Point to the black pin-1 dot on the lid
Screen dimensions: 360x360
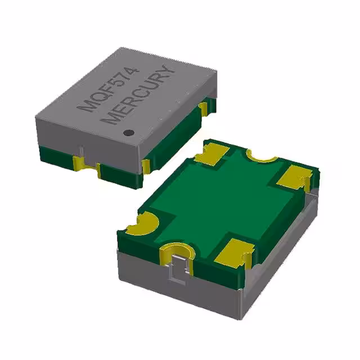coord(128,133)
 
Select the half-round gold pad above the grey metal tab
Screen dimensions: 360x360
coord(175,250)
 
